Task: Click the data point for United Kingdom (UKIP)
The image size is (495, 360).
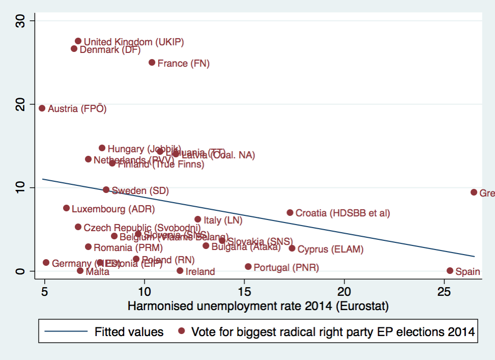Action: point(78,41)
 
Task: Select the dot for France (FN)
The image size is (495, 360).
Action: point(152,63)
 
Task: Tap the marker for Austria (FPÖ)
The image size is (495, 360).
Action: point(42,108)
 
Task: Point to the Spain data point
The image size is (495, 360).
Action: point(450,271)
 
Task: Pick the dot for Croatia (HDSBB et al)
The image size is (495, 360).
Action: point(290,212)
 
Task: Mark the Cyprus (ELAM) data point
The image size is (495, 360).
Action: point(292,248)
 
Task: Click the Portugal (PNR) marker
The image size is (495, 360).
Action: point(248,267)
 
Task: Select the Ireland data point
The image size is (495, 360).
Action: point(180,271)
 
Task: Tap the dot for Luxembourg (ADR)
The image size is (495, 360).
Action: point(66,208)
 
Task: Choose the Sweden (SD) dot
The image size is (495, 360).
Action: point(106,190)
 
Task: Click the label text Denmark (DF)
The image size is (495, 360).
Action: point(110,50)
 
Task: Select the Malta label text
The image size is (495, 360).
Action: point(97,272)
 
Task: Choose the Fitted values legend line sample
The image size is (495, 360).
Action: point(66,332)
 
